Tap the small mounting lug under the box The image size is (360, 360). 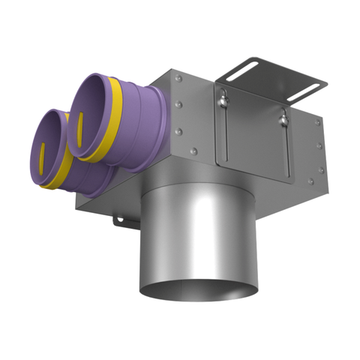(118, 219)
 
